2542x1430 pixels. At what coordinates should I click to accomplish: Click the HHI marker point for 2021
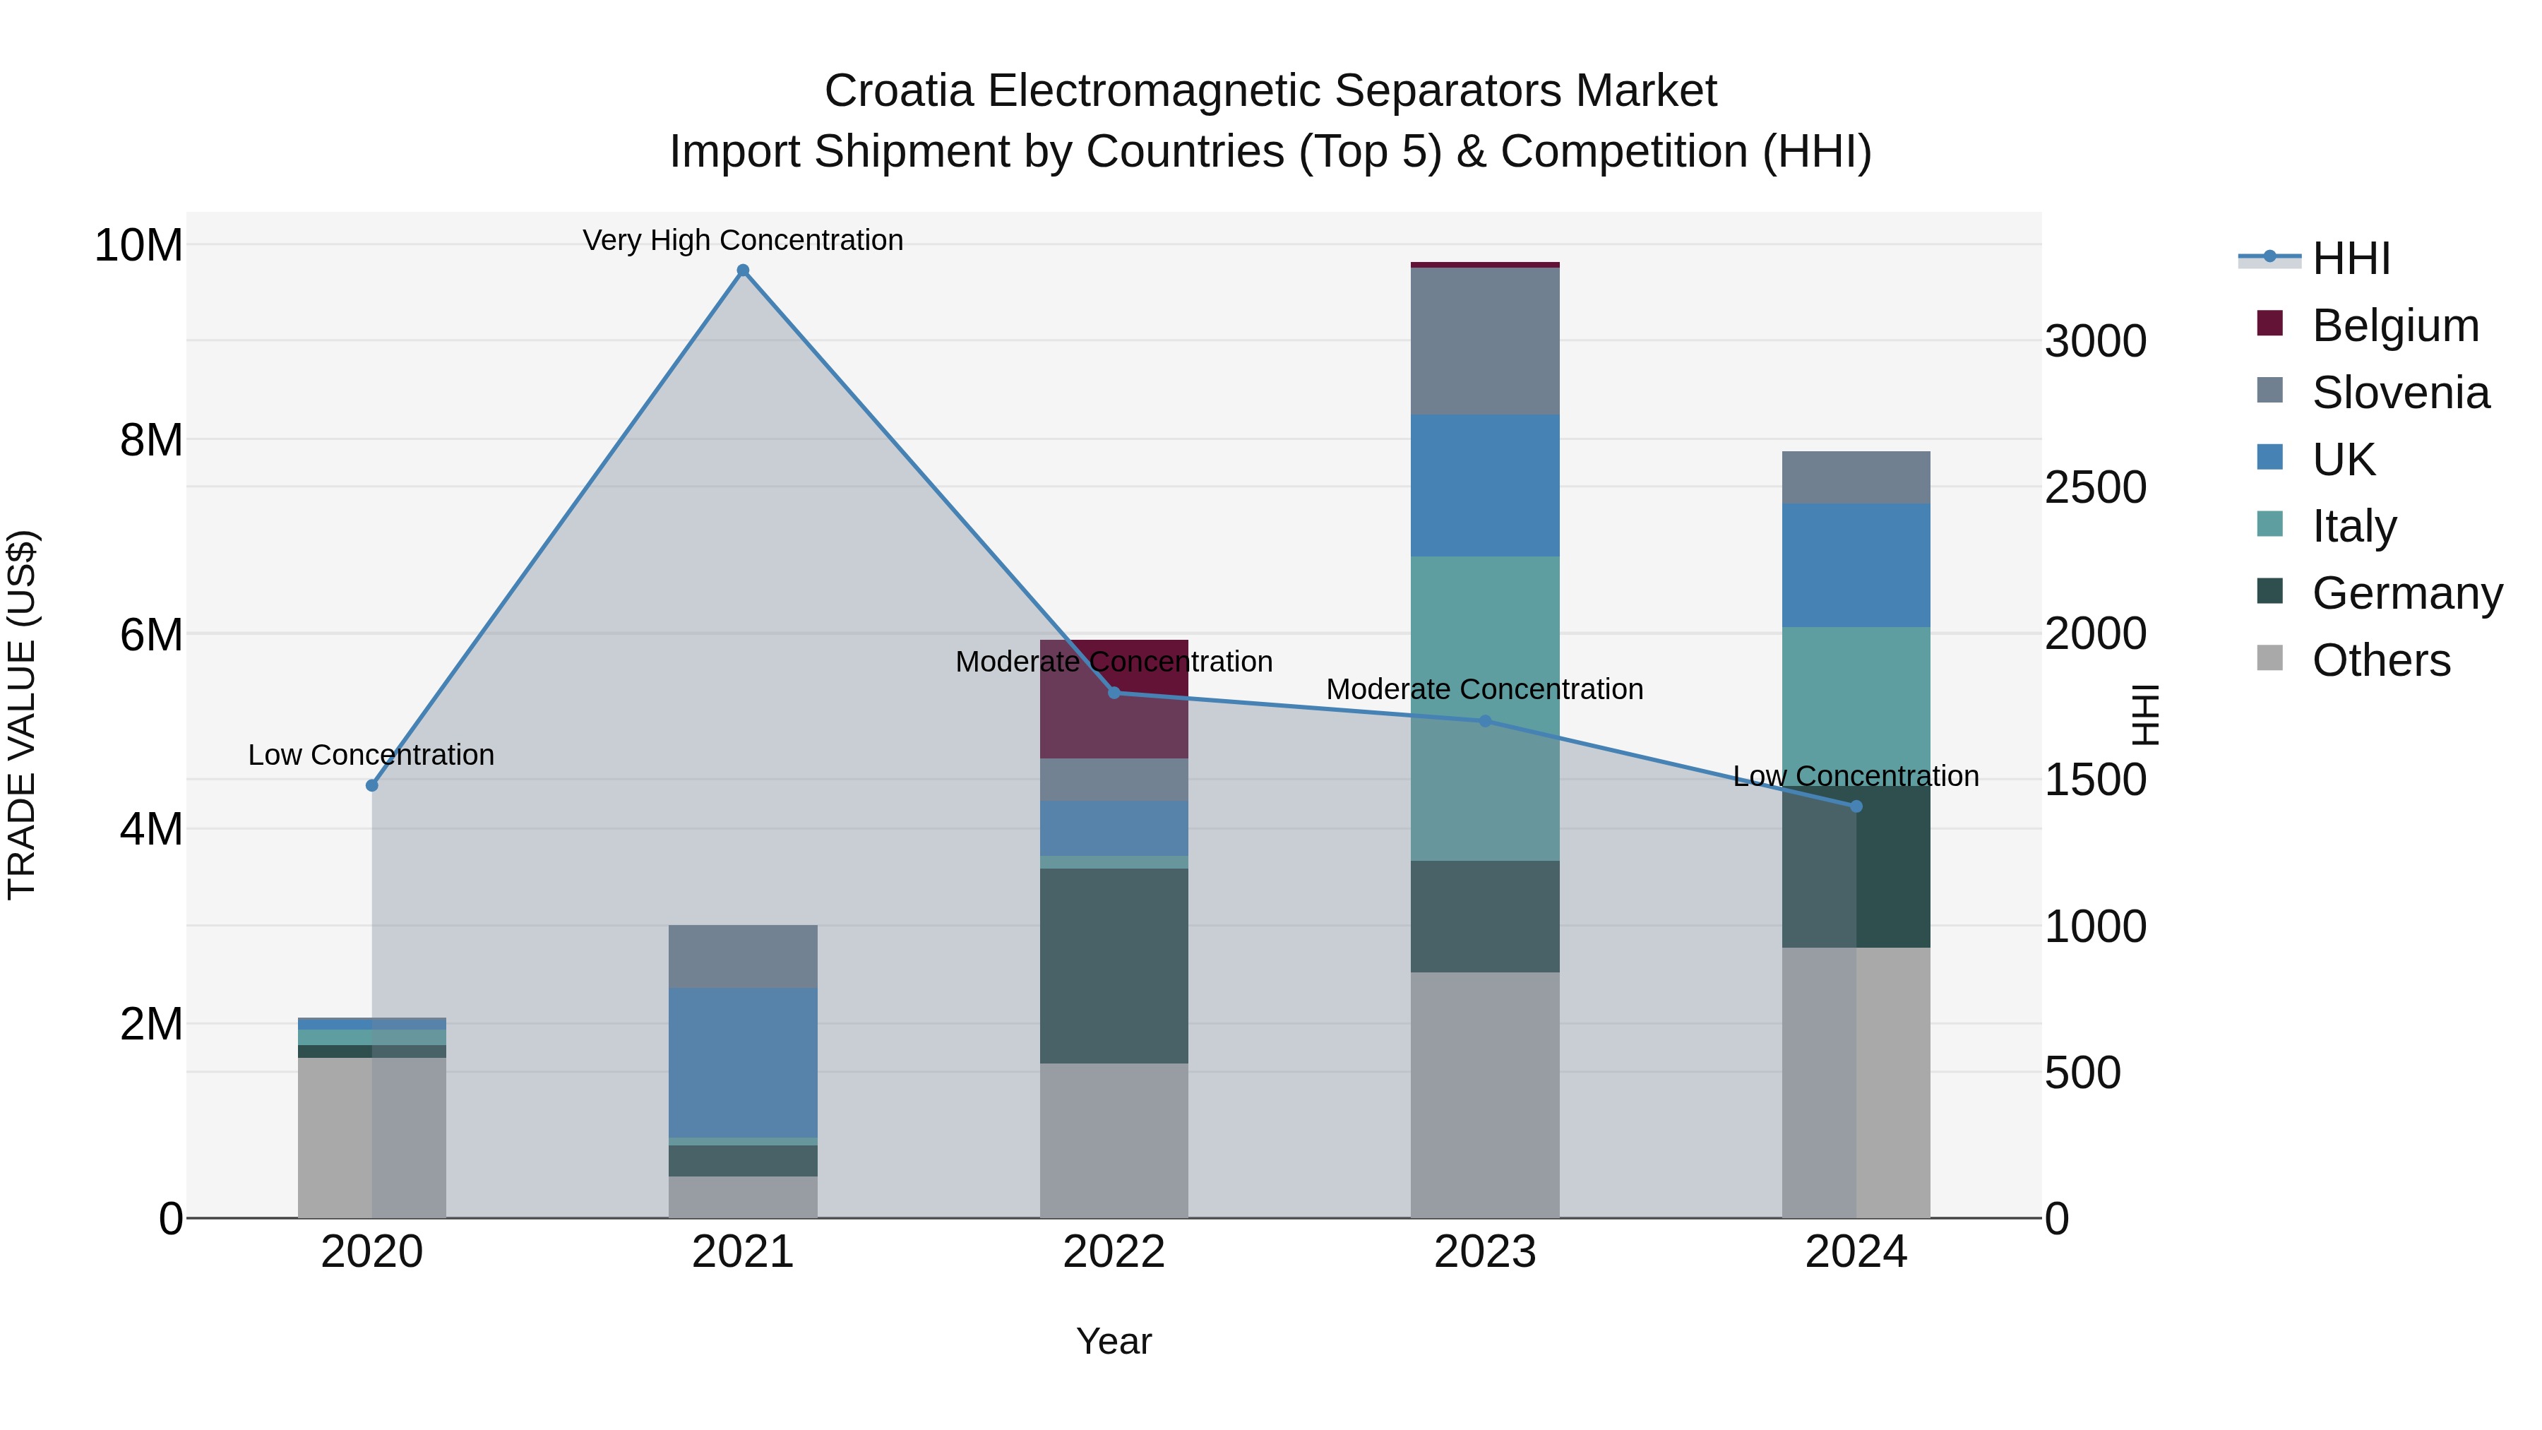(743, 270)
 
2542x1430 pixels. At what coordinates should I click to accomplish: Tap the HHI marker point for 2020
(372, 785)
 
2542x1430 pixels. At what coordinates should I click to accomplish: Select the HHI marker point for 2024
(1856, 806)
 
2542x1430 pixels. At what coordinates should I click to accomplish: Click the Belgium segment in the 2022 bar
(1114, 698)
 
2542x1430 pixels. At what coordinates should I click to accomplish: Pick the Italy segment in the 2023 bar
(1485, 708)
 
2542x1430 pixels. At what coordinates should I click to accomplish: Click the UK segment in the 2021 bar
(743, 1063)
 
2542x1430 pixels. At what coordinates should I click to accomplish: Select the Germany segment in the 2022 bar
(1114, 965)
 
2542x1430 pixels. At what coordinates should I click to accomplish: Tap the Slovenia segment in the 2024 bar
(1856, 477)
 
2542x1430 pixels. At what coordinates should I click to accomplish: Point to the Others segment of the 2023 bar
(1485, 1095)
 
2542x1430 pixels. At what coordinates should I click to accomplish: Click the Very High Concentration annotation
(743, 240)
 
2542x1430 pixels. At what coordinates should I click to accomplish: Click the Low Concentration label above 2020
(371, 755)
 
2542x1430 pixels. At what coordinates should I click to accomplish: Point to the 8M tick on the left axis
(151, 440)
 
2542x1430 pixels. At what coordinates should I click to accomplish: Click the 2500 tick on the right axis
(2094, 487)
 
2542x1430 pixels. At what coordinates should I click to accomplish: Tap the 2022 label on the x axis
(1114, 1252)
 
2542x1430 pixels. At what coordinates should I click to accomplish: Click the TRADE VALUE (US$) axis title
(22, 715)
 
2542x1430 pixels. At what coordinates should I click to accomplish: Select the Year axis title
(1114, 1341)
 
